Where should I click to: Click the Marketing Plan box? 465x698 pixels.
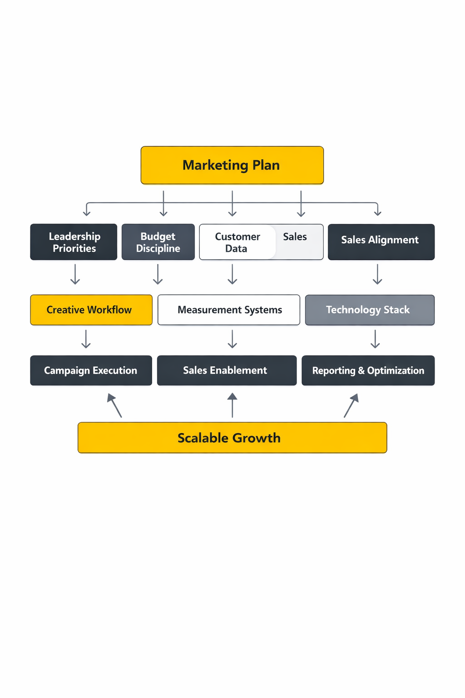(232, 165)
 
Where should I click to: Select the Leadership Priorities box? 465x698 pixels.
(74, 242)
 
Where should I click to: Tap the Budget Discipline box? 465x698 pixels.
(158, 242)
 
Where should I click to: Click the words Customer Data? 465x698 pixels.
(237, 242)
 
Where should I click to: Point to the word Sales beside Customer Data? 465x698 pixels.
(295, 237)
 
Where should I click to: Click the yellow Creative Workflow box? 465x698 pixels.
(91, 310)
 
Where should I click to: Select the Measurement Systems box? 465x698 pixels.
(229, 310)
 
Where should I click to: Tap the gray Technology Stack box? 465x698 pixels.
(370, 310)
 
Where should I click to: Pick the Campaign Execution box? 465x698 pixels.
(91, 370)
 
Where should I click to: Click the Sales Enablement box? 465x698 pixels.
(227, 370)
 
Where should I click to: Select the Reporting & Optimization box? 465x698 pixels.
(368, 370)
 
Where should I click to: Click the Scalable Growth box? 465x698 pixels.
(232, 438)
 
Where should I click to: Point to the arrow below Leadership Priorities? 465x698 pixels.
(75, 274)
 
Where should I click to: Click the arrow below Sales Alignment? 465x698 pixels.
(377, 274)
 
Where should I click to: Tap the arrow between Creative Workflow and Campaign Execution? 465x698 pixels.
(86, 339)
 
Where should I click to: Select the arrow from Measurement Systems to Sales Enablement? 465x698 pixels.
(232, 339)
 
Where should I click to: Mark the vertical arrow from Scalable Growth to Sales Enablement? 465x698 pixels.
(232, 405)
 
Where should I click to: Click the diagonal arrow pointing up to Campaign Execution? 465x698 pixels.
(114, 405)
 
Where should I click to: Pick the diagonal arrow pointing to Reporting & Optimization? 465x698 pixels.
(351, 405)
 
